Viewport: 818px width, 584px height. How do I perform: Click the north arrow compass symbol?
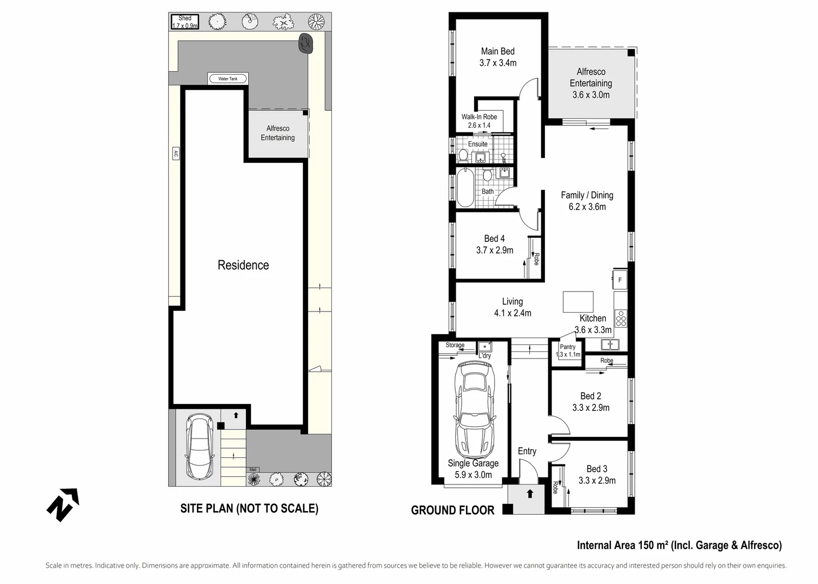click(x=63, y=505)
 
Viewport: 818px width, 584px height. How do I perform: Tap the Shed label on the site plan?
click(x=185, y=18)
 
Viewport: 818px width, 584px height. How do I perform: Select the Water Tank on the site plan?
click(x=228, y=78)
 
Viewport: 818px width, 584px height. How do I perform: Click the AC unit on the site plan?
click(x=176, y=154)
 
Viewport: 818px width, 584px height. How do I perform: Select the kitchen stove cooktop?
click(x=621, y=318)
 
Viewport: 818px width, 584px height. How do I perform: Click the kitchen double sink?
click(x=610, y=344)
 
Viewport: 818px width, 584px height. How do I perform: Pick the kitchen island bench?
click(x=578, y=302)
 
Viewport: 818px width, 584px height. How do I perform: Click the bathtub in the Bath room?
click(x=465, y=188)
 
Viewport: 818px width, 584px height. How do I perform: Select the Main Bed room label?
click(x=498, y=51)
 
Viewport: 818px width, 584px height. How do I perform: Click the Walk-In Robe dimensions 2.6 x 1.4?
click(x=479, y=125)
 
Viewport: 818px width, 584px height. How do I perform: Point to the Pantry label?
click(x=568, y=347)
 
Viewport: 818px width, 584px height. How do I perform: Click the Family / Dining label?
click(x=587, y=195)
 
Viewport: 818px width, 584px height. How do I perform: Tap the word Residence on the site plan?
click(x=243, y=265)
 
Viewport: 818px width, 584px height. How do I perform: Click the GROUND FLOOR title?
click(x=453, y=510)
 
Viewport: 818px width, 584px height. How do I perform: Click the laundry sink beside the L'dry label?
click(x=485, y=346)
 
